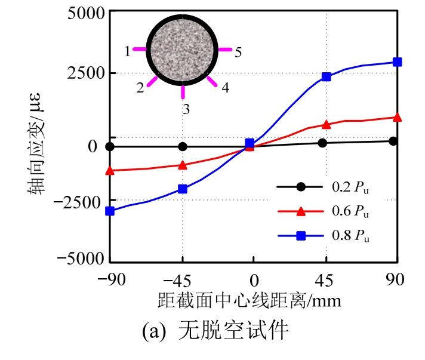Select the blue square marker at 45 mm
(326, 77)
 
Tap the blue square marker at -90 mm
(110, 211)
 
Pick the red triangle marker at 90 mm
(397, 117)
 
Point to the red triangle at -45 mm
(183, 165)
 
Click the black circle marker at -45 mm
(183, 146)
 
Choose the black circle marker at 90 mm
(393, 141)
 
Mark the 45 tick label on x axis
(325, 279)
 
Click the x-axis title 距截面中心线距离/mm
(250, 300)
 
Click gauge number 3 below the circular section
(186, 109)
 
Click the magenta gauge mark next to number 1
(138, 49)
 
